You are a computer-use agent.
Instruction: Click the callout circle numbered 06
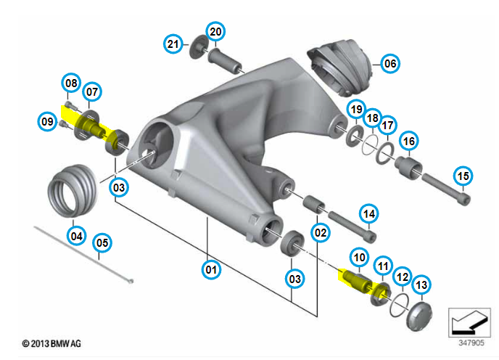click(x=390, y=63)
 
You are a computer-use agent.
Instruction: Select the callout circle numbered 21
click(x=173, y=44)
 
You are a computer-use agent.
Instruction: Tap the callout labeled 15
click(x=463, y=176)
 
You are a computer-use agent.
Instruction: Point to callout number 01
click(x=211, y=269)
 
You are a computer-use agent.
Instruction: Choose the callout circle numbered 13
click(x=421, y=285)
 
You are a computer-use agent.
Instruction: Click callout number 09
click(x=47, y=121)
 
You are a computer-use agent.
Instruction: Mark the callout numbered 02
click(x=321, y=232)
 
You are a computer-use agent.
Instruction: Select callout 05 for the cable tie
click(x=102, y=242)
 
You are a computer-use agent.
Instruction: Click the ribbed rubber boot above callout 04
click(x=72, y=190)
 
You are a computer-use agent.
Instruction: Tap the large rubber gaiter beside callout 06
click(x=340, y=67)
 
